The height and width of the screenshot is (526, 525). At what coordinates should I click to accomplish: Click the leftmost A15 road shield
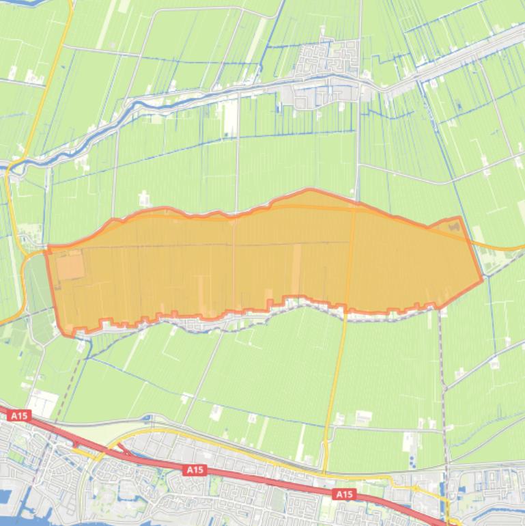coord(18,415)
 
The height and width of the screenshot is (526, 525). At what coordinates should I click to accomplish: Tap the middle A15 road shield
coord(195,470)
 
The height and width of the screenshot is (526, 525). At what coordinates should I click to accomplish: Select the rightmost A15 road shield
coord(344,494)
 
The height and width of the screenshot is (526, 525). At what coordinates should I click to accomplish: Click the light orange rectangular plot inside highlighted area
coord(70,265)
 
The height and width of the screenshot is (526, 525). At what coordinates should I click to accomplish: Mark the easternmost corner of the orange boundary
coord(483,278)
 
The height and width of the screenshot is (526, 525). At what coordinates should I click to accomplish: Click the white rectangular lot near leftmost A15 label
coord(42,403)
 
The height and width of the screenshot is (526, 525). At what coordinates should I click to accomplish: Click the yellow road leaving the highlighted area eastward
coord(502,247)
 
